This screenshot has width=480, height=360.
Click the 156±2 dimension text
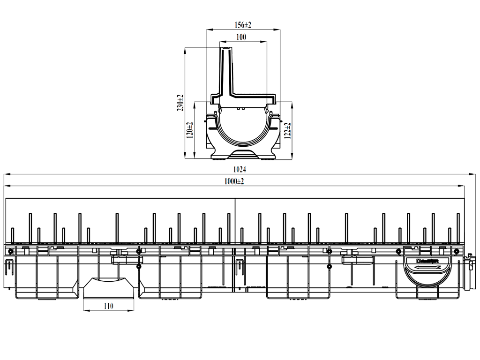(x=242, y=24)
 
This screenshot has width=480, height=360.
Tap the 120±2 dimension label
(x=190, y=130)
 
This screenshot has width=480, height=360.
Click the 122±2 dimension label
(x=288, y=130)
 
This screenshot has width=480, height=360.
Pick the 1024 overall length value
(x=239, y=169)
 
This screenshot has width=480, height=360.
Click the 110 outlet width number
(x=108, y=306)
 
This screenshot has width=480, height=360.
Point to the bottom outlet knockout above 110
(x=108, y=287)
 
